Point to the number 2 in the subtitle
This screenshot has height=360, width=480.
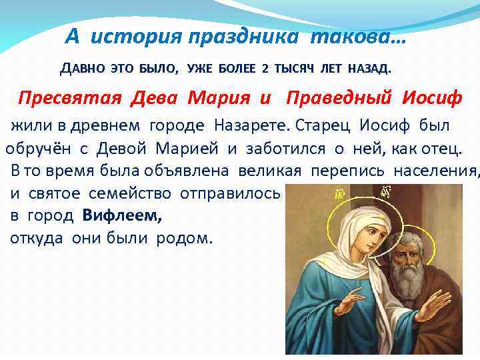[265, 68]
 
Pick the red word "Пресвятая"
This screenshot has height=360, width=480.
[70, 99]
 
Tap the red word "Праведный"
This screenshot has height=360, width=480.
[340, 99]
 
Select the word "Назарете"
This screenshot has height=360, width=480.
[257, 125]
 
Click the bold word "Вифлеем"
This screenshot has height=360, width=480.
[123, 216]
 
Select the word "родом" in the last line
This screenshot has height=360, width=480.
[184, 239]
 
